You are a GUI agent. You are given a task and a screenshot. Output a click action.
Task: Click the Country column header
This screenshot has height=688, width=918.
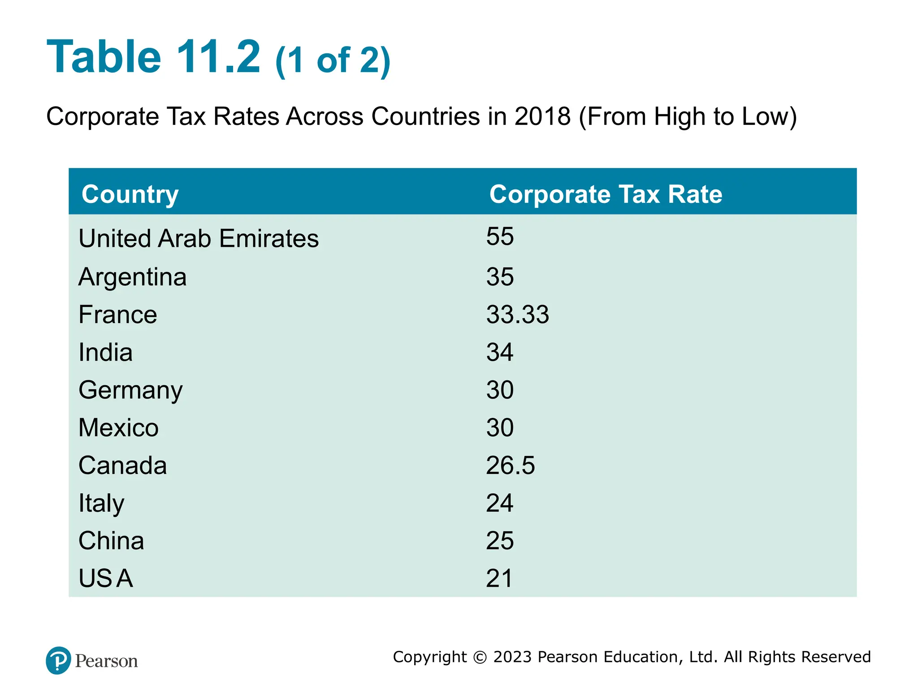pos(130,194)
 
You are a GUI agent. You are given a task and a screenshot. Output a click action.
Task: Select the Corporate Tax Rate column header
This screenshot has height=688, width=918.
pos(606,194)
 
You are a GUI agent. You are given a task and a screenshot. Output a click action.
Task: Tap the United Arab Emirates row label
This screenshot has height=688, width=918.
pos(199,238)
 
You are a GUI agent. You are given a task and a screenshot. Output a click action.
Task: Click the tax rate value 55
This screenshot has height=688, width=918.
pos(500,236)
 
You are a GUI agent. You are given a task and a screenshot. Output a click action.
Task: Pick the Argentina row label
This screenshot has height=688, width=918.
pos(132,277)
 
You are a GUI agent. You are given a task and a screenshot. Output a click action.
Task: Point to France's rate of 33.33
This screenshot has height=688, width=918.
pos(518,314)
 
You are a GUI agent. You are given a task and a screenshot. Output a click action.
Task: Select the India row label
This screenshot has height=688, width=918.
pos(105,352)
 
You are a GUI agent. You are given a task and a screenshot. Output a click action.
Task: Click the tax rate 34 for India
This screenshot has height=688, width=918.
pos(500,352)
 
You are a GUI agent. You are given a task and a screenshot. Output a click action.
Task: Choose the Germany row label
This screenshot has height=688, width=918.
pos(130,390)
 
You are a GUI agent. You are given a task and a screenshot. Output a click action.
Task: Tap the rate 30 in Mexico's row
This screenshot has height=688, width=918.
pos(500,428)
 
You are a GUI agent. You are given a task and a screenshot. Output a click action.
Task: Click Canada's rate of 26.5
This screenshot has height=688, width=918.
pos(511,465)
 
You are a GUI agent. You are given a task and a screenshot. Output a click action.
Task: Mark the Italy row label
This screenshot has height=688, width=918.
pos(101,503)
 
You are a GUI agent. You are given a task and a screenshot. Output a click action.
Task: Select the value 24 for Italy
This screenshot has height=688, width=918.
pos(500,503)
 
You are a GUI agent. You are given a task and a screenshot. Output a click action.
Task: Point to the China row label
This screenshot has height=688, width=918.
pos(111,541)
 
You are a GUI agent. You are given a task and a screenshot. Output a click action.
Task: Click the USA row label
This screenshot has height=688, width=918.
pos(106,578)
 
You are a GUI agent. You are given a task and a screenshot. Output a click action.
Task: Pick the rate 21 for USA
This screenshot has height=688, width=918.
pos(499,578)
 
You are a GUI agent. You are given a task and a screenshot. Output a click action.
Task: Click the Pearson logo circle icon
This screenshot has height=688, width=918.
pos(58,661)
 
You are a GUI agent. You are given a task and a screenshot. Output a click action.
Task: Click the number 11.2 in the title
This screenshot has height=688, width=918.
pos(218,57)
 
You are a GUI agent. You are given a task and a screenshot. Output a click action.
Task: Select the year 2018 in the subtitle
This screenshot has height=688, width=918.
pos(542,116)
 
